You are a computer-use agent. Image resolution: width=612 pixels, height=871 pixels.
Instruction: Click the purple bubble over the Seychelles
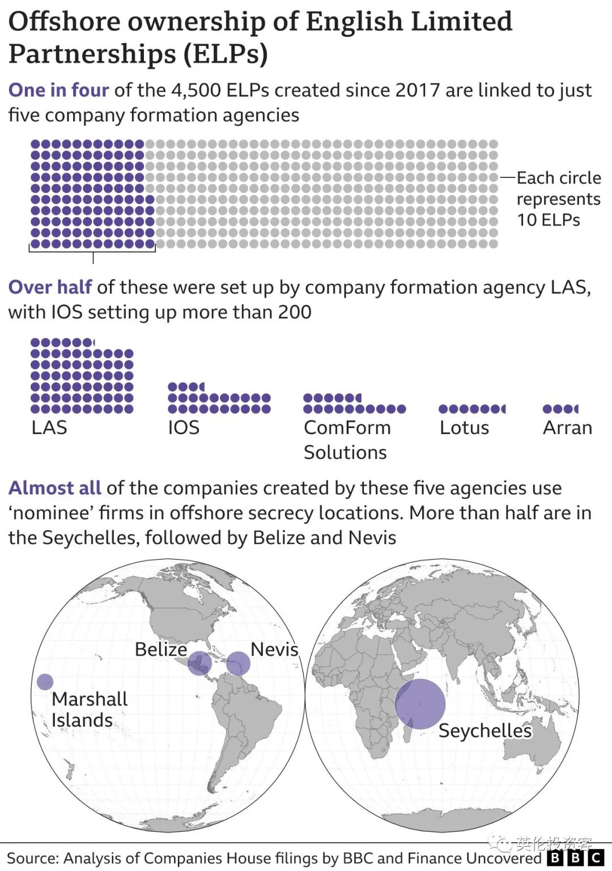tap(420, 704)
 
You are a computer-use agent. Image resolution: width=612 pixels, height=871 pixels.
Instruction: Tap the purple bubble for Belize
tap(199, 663)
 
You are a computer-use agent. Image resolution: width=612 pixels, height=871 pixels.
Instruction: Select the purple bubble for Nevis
tap(238, 663)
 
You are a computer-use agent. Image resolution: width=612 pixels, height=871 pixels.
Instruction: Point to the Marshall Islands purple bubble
tap(45, 682)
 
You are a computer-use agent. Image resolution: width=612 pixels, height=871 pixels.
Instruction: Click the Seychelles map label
tap(485, 730)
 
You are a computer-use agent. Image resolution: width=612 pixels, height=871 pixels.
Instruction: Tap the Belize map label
tap(161, 649)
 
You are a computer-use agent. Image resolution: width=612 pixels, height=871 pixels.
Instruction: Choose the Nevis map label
tap(274, 649)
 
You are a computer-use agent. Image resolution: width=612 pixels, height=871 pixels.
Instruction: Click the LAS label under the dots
tap(49, 427)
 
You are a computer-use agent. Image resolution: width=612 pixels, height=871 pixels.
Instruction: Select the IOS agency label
tap(184, 427)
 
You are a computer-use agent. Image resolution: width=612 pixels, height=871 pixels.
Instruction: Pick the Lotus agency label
tap(464, 427)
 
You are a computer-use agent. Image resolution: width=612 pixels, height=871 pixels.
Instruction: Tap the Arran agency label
tap(567, 427)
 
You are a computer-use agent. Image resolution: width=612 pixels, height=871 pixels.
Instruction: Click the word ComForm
tap(347, 427)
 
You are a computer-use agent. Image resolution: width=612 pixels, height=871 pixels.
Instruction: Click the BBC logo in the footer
tap(575, 858)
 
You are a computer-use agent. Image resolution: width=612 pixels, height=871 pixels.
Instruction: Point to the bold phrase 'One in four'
tap(58, 90)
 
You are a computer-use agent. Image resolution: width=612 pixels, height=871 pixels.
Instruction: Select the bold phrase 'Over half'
tap(50, 287)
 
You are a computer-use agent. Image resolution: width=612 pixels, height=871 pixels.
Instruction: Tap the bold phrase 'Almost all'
tap(54, 488)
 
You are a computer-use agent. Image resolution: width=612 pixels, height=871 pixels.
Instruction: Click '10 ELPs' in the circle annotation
tap(548, 220)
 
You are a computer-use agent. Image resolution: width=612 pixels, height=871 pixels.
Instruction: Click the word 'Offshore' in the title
tap(64, 22)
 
